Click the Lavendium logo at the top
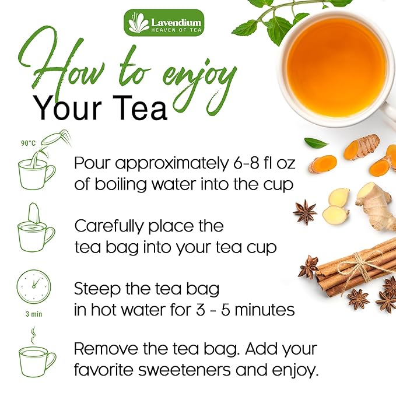tap(164, 22)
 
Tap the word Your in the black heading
tap(62, 108)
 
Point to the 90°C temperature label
tap(29, 143)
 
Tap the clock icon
tap(34, 286)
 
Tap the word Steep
tap(96, 288)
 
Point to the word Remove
tap(108, 349)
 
